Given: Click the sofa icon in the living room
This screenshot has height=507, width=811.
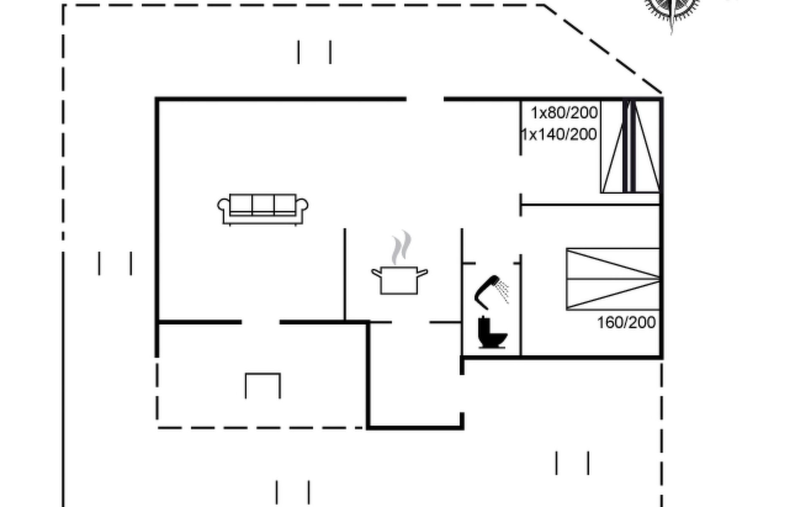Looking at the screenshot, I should [263, 209].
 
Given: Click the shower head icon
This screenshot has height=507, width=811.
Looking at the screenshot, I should [490, 291].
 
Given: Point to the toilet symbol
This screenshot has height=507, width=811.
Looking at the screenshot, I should [492, 333].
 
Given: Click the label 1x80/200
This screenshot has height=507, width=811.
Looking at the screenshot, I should [564, 113].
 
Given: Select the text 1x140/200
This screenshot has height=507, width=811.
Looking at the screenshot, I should [559, 134].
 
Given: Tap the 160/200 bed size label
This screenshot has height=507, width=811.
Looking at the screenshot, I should [626, 322].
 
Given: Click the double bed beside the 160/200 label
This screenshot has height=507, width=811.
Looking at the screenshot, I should [613, 279].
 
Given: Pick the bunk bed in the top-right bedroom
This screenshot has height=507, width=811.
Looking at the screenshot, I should [630, 147].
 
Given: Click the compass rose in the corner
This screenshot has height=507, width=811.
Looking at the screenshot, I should [671, 8].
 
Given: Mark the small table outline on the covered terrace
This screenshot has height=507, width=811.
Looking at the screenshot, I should [263, 384].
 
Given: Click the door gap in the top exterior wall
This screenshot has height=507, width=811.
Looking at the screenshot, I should [425, 99].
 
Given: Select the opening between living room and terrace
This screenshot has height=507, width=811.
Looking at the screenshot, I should [261, 322].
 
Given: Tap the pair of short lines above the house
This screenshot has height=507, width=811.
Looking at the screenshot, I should [314, 52].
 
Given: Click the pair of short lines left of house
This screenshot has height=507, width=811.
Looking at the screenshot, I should [115, 264].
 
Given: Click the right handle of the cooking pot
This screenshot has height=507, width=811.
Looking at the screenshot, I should [422, 273].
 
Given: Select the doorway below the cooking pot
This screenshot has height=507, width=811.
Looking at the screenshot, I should [411, 322].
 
